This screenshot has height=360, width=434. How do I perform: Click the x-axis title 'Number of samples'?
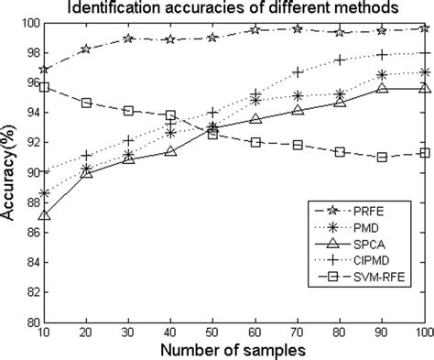pos(233,351)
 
